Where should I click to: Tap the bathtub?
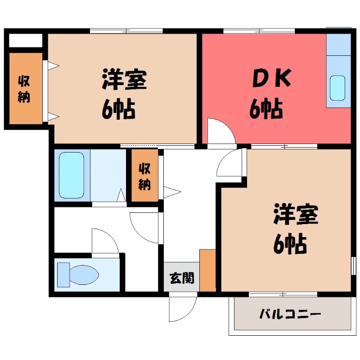pyautogui.click(x=72, y=175)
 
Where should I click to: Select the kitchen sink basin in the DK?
pyautogui.click(x=337, y=88)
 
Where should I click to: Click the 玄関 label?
pyautogui.click(x=182, y=279)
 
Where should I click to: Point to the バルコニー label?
pyautogui.click(x=290, y=314)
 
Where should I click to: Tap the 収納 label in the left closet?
pyautogui.click(x=24, y=89)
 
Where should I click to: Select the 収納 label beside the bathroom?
pyautogui.click(x=144, y=177)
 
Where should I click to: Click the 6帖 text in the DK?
pyautogui.click(x=266, y=109)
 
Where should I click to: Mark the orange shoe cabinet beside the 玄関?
pyautogui.click(x=207, y=270)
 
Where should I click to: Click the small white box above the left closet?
pyautogui.click(x=26, y=40)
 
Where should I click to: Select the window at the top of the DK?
pyautogui.click(x=259, y=31)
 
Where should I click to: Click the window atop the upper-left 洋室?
pyautogui.click(x=126, y=31)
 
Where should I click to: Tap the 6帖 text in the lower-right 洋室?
pyautogui.click(x=290, y=244)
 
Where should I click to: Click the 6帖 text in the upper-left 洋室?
pyautogui.click(x=118, y=109)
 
